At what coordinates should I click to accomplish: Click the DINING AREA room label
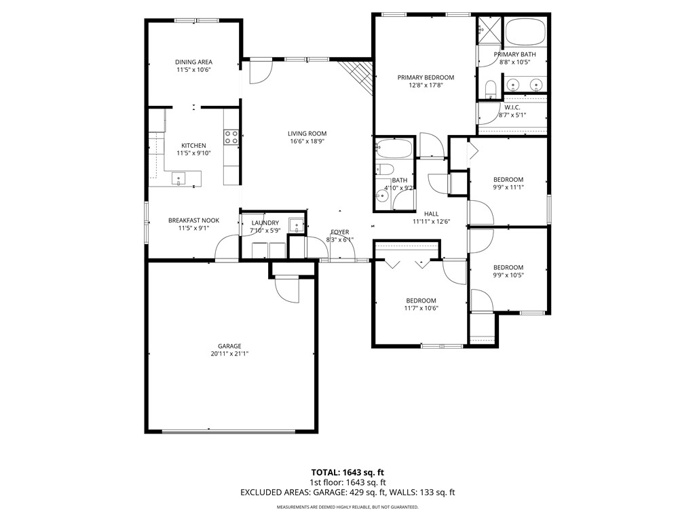tap(194, 62)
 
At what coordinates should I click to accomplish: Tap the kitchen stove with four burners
tap(231, 138)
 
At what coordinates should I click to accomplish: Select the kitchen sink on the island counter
tap(180, 179)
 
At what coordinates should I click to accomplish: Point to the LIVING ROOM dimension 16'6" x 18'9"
tap(307, 142)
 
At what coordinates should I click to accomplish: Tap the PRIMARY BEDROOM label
tap(426, 77)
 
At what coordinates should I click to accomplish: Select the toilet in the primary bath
tap(491, 89)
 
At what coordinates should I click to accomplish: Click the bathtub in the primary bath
tap(525, 31)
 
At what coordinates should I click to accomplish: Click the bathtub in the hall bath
tap(394, 147)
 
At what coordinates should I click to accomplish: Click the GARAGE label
tap(229, 345)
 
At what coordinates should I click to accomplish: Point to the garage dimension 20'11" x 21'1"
tap(229, 353)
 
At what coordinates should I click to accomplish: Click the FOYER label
tap(339, 232)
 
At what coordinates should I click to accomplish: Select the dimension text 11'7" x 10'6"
tap(421, 309)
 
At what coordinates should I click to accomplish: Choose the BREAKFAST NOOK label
tap(193, 220)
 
